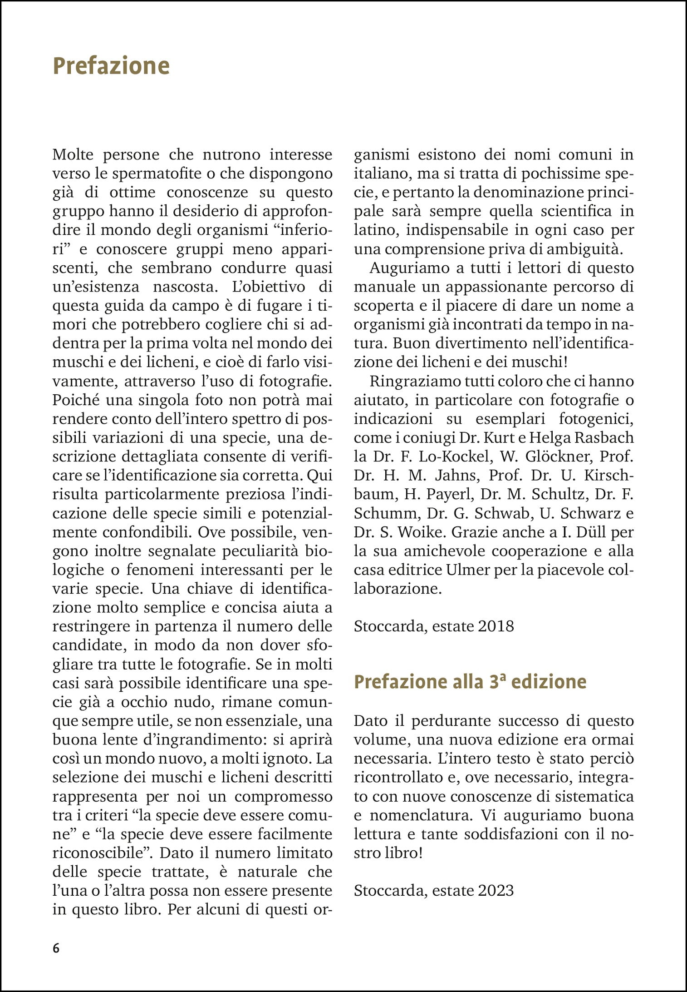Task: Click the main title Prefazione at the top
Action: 111,66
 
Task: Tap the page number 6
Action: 56,948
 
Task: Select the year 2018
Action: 496,626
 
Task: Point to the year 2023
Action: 496,890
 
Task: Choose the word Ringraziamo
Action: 409,381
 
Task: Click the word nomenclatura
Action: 421,815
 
